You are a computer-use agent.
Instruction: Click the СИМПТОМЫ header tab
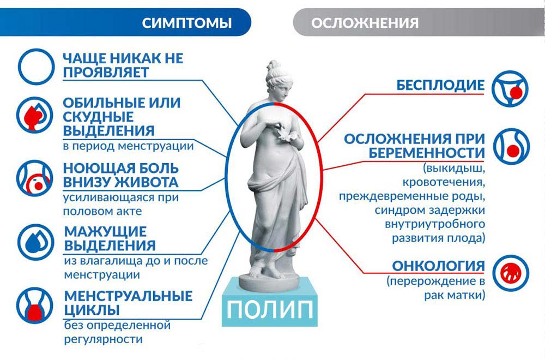click(x=186, y=23)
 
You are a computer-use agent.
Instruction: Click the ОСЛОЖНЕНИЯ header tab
click(x=365, y=23)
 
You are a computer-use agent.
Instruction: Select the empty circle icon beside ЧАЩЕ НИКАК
click(x=34, y=64)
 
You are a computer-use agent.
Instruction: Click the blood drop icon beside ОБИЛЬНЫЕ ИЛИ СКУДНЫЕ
click(x=34, y=116)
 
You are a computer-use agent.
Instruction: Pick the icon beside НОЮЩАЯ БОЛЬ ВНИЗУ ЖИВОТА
click(x=34, y=178)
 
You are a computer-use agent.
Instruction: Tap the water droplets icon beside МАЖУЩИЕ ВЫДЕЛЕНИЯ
click(x=34, y=241)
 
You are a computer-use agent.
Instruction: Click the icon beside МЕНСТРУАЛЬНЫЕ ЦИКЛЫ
click(x=34, y=305)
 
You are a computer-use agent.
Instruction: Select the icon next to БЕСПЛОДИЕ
click(x=510, y=87)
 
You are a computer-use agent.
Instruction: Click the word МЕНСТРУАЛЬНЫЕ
click(x=128, y=296)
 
